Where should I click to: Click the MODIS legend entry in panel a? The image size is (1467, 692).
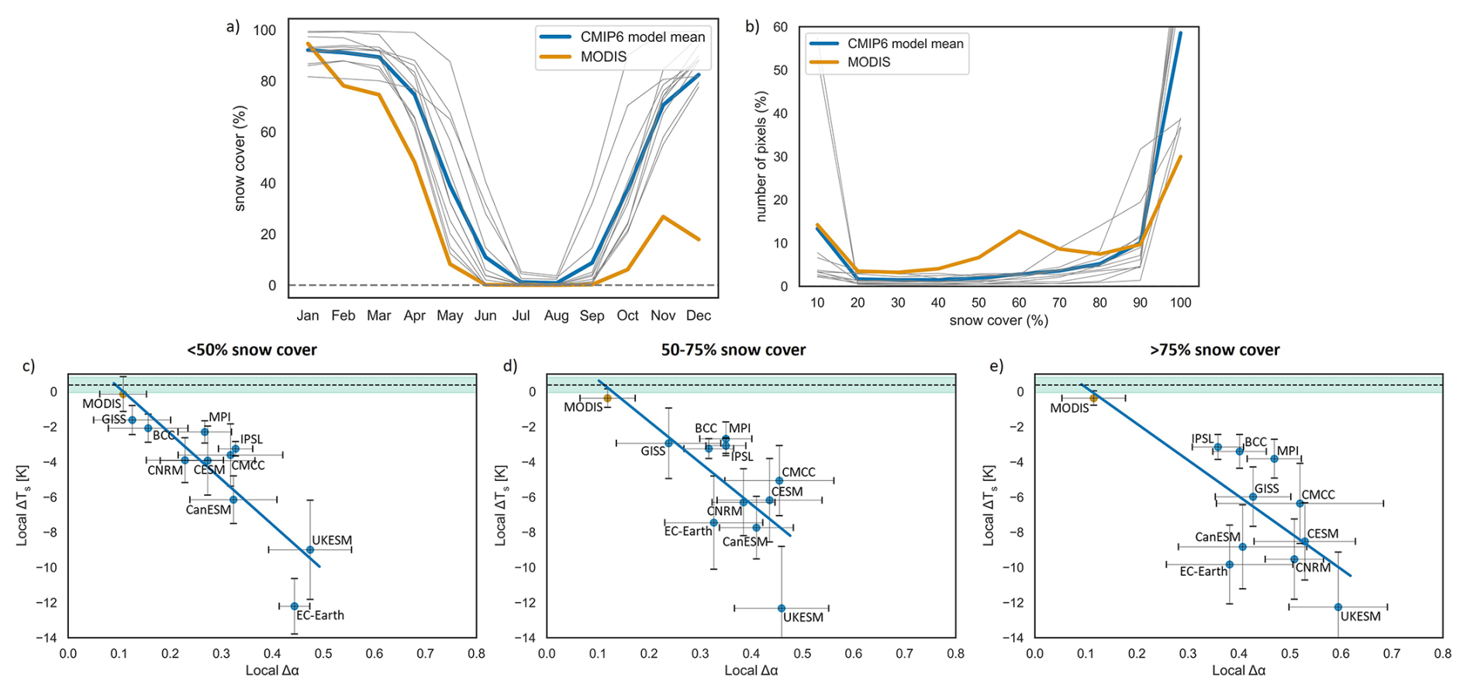pos(603,57)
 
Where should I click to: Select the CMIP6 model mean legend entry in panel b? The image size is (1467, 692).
pos(905,43)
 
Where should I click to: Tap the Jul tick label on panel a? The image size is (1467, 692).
pos(520,316)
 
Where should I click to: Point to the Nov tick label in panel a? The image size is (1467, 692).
pos(663,316)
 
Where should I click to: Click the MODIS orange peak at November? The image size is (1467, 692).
pos(663,216)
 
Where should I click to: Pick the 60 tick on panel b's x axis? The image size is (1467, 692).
pos(1019,303)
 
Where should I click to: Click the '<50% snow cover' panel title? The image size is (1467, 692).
pos(252,350)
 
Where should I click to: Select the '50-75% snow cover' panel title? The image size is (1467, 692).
pos(733,350)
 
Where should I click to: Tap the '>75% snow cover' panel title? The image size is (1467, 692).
pos(1214,350)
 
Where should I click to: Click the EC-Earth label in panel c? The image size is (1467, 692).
pos(320,615)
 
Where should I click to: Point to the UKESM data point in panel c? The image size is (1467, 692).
pos(310,550)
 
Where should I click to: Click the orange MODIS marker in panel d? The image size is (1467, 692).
pos(608,398)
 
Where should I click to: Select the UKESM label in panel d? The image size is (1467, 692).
pos(803,618)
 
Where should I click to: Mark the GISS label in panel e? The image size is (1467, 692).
pos(1267,489)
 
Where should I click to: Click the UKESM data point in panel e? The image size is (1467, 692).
pos(1338,607)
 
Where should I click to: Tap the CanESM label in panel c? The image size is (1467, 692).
pos(208,510)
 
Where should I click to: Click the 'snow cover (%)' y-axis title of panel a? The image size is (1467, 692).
pos(240,158)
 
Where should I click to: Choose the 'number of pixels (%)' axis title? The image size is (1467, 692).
pos(761,157)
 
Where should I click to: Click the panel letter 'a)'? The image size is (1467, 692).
pos(233,27)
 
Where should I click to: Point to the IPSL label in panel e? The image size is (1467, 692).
pos(1203,439)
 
